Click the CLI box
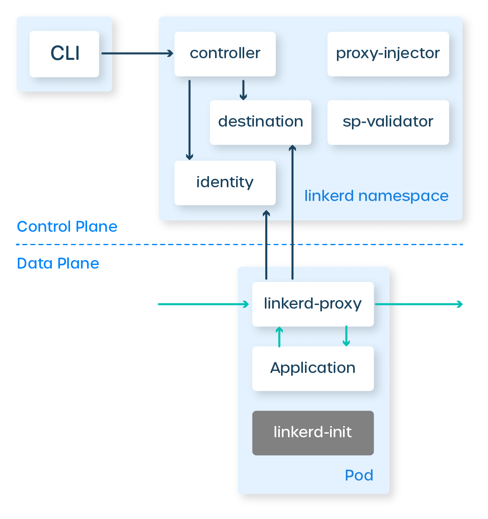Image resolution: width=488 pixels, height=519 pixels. pyautogui.click(x=64, y=54)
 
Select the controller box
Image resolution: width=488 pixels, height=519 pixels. pyautogui.click(x=225, y=54)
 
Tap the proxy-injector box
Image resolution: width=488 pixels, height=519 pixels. pyautogui.click(x=388, y=54)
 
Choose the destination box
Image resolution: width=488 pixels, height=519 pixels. pyautogui.click(x=260, y=122)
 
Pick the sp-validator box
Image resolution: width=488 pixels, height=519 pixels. pyautogui.click(x=388, y=122)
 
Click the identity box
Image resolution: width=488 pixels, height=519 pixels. pyautogui.click(x=225, y=182)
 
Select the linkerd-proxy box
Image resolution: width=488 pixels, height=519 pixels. pyautogui.click(x=313, y=304)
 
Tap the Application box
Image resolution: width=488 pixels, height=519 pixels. pyautogui.click(x=313, y=368)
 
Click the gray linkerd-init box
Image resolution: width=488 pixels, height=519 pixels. pyautogui.click(x=313, y=432)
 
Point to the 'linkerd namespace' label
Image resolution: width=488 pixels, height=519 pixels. pyautogui.click(x=376, y=196)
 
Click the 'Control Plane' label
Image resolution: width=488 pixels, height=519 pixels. pyautogui.click(x=67, y=227)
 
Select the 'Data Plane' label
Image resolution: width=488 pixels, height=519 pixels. pyautogui.click(x=58, y=263)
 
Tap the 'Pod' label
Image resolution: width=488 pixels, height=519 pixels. pyautogui.click(x=359, y=475)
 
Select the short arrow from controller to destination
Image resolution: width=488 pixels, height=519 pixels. pyautogui.click(x=243, y=90)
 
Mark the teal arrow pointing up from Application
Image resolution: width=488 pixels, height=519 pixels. pyautogui.click(x=279, y=337)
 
